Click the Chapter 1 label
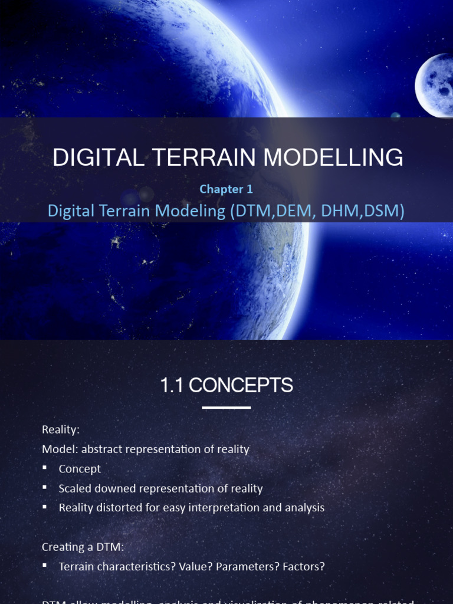(226, 189)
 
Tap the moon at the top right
(435, 86)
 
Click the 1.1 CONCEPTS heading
(226, 385)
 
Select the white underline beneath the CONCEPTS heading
(226, 408)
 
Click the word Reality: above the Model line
(61, 430)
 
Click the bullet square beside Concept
(45, 468)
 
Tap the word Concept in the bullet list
(80, 469)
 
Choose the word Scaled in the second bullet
(75, 488)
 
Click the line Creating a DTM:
(83, 547)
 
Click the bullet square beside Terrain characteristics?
(45, 566)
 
